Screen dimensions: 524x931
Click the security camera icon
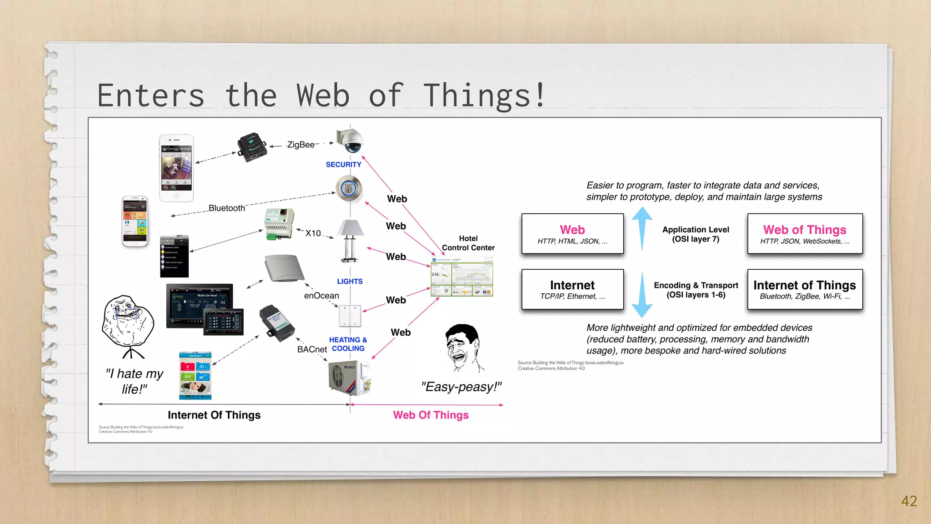point(349,141)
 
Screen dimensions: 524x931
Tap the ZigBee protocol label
point(300,145)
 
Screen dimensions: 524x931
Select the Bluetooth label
point(226,208)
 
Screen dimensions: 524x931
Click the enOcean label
point(321,296)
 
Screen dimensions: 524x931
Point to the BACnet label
point(312,349)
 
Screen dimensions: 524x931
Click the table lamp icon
point(350,241)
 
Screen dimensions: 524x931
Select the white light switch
point(350,316)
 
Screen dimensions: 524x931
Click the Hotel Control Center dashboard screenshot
point(461,277)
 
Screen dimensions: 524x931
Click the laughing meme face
point(463,348)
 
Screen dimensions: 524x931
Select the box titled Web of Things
point(805,234)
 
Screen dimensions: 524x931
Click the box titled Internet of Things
point(805,289)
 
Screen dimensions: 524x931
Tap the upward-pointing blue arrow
point(642,227)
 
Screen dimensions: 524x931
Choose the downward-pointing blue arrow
point(642,296)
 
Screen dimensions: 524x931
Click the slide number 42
point(909,501)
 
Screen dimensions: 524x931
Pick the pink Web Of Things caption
point(430,415)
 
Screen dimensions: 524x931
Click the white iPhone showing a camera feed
point(176,168)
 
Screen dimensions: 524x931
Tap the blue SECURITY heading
point(343,165)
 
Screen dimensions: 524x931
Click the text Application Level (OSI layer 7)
point(696,234)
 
